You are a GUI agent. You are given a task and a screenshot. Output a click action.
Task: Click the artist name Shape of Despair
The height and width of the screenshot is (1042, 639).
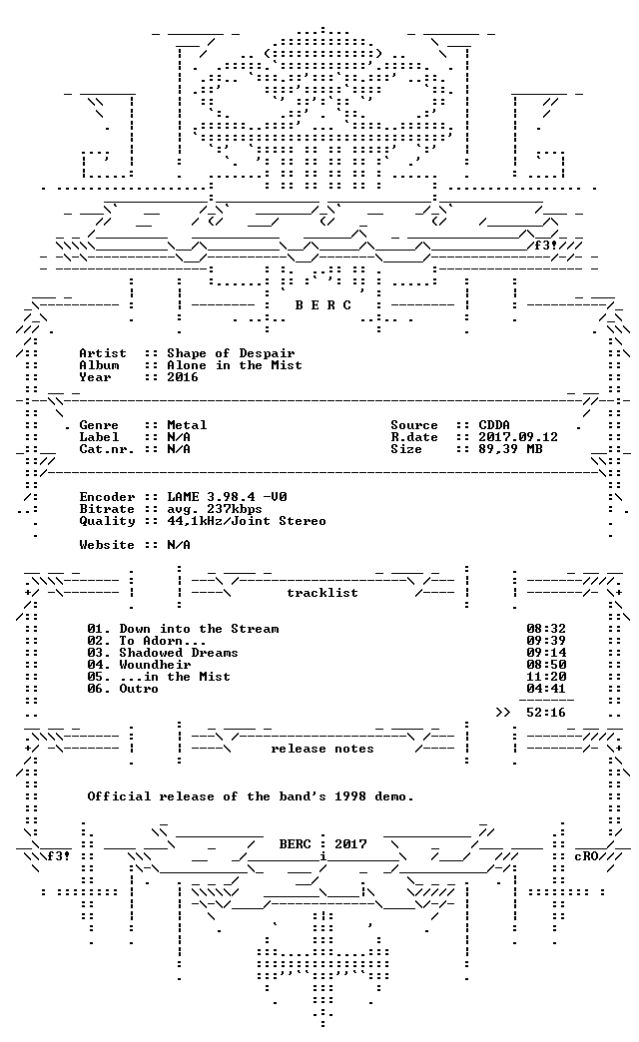tap(231, 353)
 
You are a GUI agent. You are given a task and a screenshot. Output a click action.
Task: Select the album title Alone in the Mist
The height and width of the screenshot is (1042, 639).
tap(235, 365)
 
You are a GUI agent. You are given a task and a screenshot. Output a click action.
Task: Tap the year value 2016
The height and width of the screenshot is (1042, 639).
tap(183, 377)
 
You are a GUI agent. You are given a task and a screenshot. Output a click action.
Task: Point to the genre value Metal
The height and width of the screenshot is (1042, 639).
tap(187, 425)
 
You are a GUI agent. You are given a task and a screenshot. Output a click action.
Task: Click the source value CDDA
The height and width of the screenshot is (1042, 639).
tap(494, 425)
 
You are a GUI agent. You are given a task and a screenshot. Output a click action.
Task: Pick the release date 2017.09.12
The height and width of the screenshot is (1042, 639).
tap(518, 437)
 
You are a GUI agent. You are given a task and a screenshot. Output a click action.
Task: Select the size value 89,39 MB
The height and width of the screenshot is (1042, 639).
tap(510, 449)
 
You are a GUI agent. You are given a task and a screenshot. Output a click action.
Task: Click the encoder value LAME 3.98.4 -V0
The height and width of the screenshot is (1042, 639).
tap(227, 497)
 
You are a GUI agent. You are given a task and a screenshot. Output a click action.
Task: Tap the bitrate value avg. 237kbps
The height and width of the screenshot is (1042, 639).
tap(215, 509)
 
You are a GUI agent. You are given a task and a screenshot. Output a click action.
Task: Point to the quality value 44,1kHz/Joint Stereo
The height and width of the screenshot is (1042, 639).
tap(247, 521)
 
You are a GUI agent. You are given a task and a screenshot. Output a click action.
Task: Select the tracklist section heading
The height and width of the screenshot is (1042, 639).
tap(322, 593)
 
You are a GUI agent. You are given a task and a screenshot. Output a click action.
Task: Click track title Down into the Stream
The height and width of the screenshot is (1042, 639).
tap(199, 629)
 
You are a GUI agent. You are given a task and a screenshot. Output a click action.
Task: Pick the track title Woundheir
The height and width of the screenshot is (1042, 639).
tap(155, 665)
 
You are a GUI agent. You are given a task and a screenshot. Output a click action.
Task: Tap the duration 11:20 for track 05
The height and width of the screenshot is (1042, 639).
tap(546, 677)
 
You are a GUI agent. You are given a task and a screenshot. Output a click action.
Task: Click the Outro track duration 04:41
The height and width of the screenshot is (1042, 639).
tap(546, 689)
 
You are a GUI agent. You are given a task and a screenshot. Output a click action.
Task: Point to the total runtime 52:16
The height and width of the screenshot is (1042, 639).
tap(546, 713)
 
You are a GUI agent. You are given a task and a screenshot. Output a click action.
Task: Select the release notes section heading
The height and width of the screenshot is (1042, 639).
tap(322, 749)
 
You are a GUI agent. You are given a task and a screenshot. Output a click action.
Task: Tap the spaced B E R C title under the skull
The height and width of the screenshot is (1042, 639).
tap(323, 305)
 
